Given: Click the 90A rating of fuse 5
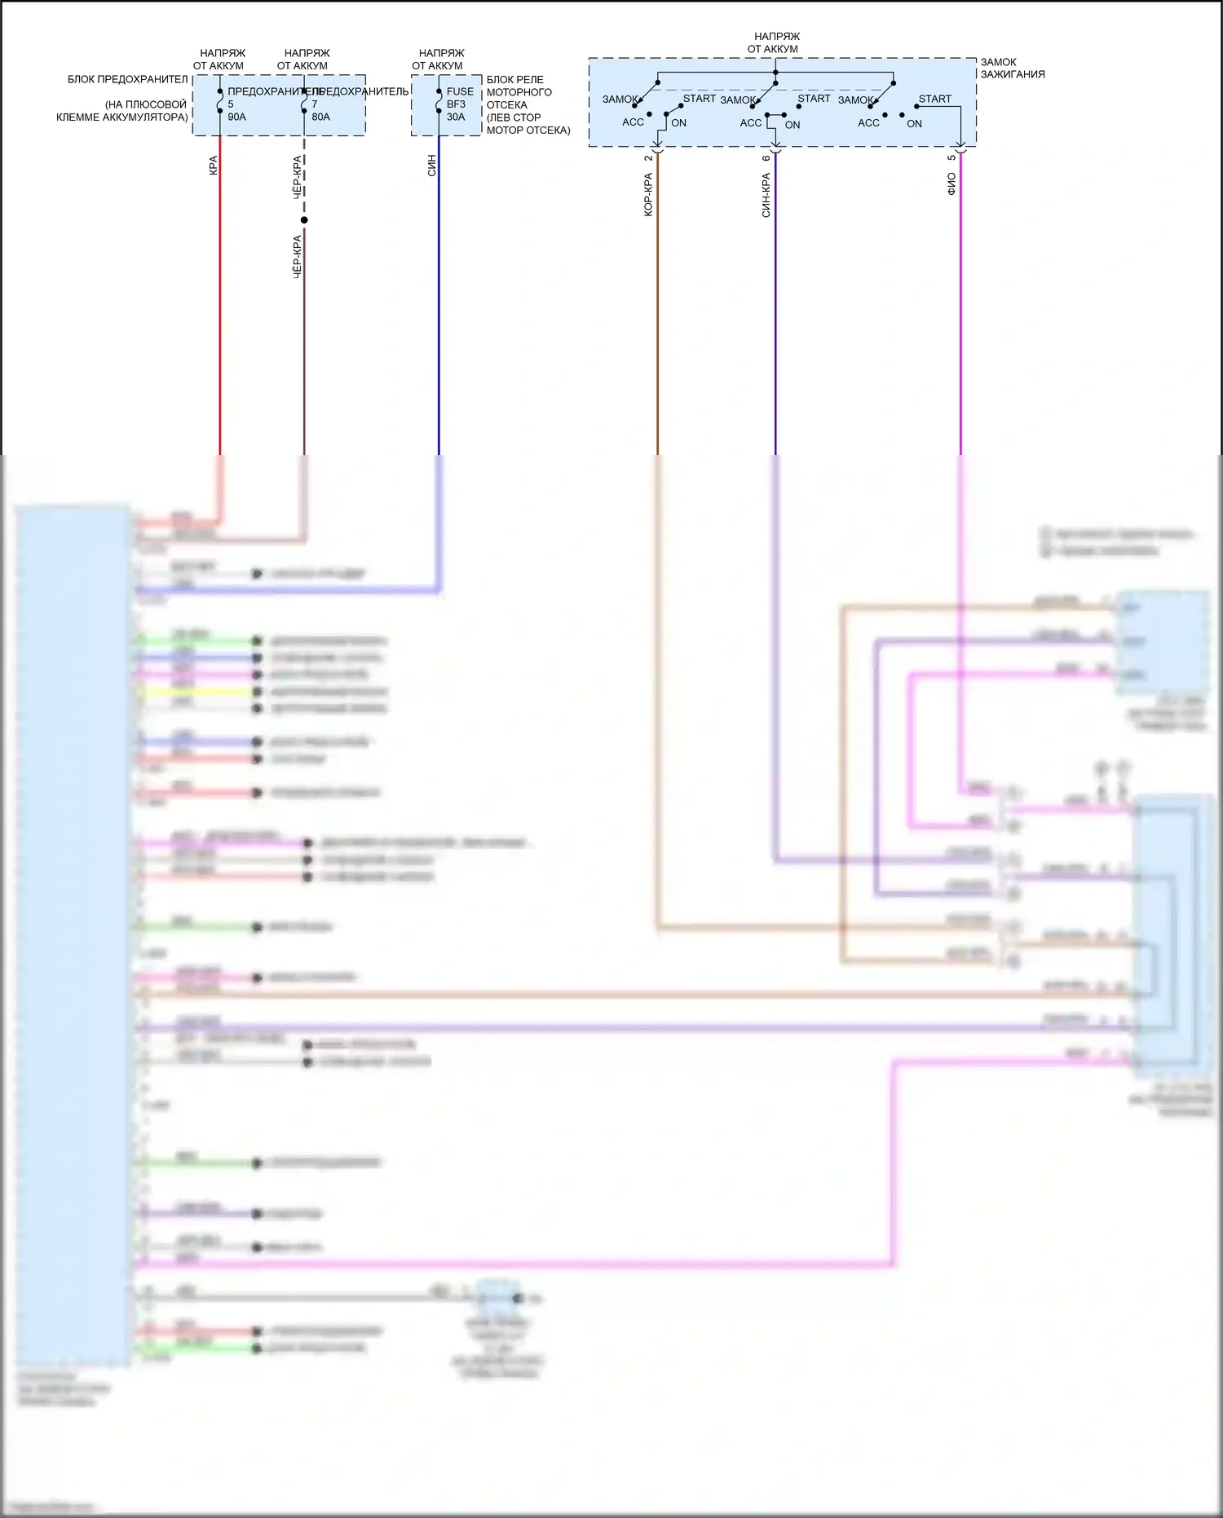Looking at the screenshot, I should point(236,117).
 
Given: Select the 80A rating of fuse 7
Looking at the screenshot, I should point(320,117).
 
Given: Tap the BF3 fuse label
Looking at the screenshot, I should point(456,104).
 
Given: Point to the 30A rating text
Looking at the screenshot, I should point(456,117).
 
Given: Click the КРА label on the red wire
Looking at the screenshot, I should point(214,166).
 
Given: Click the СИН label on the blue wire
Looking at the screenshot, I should point(432,166).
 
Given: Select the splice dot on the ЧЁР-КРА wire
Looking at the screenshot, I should point(304,219).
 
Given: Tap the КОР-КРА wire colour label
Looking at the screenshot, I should point(649,194).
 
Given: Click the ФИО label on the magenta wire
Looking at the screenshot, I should point(951,184).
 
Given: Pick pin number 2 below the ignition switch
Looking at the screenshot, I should point(649,158).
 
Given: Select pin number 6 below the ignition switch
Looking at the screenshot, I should point(766,158).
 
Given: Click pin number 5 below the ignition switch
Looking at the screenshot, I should point(951,157).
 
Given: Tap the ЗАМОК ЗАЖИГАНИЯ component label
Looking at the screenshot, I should point(1012,68).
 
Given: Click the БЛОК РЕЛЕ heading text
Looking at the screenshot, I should point(514,80).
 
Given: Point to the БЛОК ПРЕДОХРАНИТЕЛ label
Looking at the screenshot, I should point(127,80).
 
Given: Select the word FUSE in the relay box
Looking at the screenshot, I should point(460,91).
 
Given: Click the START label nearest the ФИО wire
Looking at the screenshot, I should point(934,99).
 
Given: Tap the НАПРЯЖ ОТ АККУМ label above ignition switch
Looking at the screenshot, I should point(775,42).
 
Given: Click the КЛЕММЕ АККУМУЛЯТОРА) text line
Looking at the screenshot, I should point(121,117).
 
